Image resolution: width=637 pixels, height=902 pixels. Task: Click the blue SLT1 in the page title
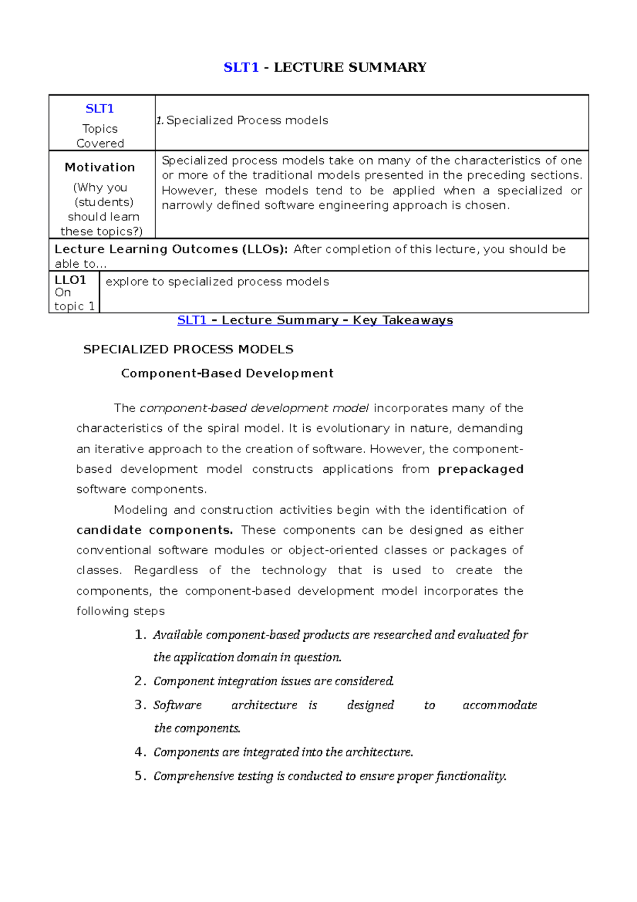coord(240,67)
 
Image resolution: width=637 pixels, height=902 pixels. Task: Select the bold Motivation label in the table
coord(100,167)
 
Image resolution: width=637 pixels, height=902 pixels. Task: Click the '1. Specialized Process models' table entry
coord(242,121)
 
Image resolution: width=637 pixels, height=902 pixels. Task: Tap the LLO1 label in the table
coord(70,280)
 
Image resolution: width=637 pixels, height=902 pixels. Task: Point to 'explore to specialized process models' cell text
coord(217,282)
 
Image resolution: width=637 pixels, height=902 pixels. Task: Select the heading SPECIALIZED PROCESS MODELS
coord(188,350)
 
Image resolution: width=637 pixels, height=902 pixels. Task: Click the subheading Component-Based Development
coord(227,373)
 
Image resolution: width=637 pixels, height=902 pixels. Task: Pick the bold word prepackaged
coord(480,469)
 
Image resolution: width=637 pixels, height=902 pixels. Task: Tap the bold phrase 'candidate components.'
coord(154,530)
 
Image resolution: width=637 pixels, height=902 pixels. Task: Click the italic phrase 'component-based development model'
coord(254,408)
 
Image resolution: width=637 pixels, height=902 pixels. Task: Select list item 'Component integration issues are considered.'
coord(273,681)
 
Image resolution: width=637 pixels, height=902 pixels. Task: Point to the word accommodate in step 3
coord(500,705)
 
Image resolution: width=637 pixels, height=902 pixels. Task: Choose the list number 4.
coord(140,752)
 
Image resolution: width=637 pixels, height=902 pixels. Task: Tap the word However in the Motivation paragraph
coord(187,191)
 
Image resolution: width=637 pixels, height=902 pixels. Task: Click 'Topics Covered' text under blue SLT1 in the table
coord(100,136)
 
